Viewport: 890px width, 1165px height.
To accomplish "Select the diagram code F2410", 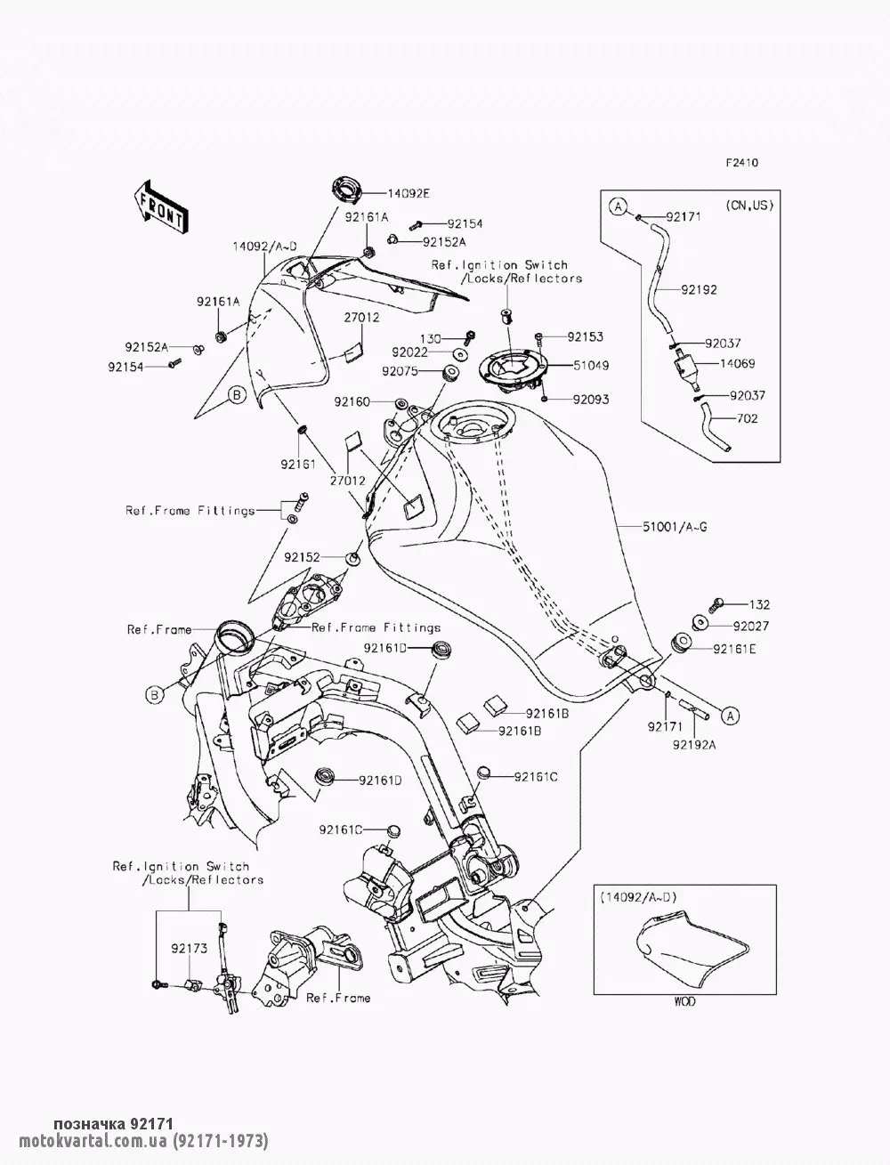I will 740,163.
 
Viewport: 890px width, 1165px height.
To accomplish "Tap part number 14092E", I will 385,192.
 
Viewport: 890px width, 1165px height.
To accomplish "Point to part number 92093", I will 590,400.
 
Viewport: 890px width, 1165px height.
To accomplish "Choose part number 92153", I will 585,336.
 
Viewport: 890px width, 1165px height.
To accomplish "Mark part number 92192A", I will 694,745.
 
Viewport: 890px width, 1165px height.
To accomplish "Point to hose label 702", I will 748,418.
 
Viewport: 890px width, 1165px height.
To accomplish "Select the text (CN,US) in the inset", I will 748,206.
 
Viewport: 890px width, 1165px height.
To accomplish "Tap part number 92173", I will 190,949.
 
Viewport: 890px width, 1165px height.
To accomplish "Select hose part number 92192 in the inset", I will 700,289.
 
